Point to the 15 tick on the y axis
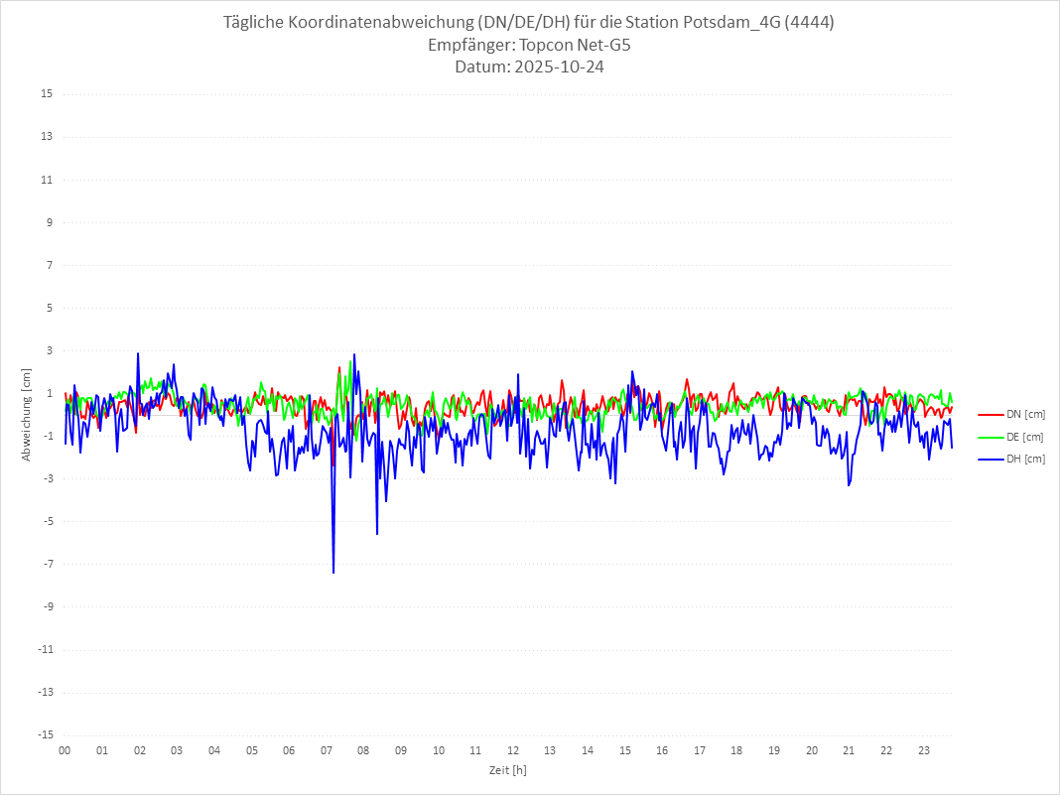tap(47, 94)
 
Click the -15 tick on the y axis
tap(45, 734)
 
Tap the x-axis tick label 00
tap(65, 750)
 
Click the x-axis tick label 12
tap(513, 750)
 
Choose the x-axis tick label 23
tap(924, 750)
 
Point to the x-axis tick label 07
tap(327, 750)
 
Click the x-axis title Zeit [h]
tap(507, 770)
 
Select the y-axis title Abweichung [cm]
tap(27, 414)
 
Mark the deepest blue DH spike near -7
tap(333, 572)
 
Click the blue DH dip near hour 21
tap(849, 484)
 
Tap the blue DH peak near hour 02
tap(138, 353)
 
